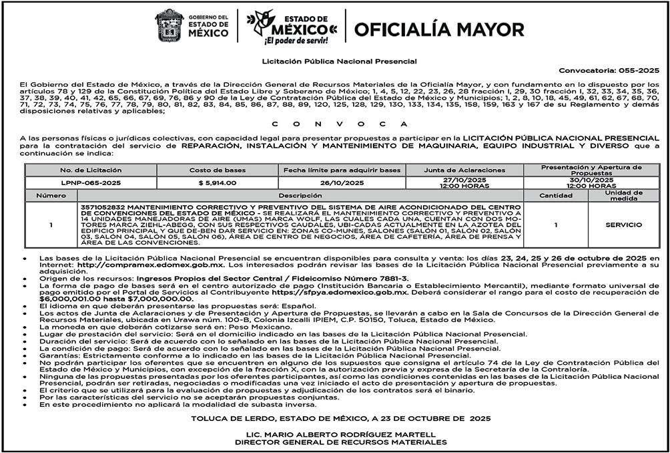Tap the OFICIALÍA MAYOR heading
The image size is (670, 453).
click(439, 29)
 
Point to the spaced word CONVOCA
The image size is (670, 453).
click(334, 124)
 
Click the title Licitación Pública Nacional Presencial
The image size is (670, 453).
click(340, 61)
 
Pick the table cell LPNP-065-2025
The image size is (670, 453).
click(91, 182)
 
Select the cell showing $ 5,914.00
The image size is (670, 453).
click(217, 182)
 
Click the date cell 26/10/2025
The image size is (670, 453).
click(342, 182)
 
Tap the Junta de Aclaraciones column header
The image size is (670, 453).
click(464, 170)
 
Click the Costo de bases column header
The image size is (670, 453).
click(217, 170)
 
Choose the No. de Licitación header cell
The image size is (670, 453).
click(91, 170)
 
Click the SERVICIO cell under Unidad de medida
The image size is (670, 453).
click(623, 225)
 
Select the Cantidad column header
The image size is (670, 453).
click(556, 196)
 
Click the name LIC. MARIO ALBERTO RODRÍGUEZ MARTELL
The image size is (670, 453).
click(341, 434)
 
